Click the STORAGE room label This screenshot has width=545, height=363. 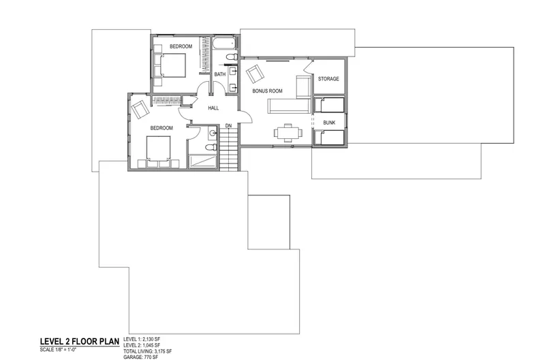point(328,79)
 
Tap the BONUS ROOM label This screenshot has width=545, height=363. point(267,91)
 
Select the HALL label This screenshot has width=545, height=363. point(213,108)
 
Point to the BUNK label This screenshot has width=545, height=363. point(329,123)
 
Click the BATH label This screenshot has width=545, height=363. point(219,74)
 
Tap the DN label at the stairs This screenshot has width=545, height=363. point(228,125)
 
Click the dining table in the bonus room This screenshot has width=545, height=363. point(287,133)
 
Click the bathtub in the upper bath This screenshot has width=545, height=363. point(224,44)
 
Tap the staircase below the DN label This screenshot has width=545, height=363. point(229,149)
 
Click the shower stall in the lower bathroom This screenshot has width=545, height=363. point(202,162)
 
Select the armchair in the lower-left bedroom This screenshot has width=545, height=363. point(140,110)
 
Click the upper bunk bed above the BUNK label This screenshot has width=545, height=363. point(329,105)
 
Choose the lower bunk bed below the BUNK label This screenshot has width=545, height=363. point(329,138)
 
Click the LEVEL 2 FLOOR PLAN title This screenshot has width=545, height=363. point(80,341)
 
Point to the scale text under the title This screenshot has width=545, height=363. point(58,349)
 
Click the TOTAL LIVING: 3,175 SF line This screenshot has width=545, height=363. point(147,351)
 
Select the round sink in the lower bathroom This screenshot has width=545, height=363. point(213,132)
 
